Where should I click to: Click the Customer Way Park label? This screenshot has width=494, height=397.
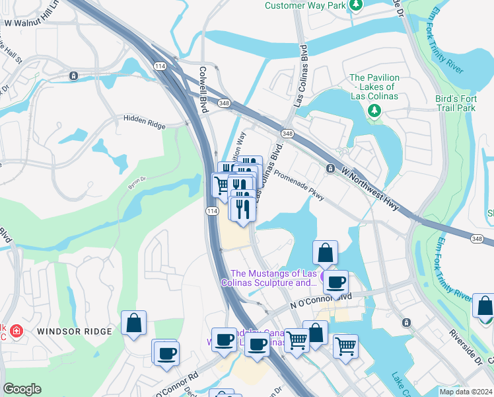tap(305, 5)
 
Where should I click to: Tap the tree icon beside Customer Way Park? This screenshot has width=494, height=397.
tap(357, 5)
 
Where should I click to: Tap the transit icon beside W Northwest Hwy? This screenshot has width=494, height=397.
tap(330, 169)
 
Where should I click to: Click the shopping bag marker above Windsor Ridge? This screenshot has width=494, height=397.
tap(133, 324)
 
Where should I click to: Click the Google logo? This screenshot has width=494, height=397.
tap(22, 389)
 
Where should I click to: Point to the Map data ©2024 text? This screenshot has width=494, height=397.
tap(466, 391)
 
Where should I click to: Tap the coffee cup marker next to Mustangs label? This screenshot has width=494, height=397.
tap(336, 282)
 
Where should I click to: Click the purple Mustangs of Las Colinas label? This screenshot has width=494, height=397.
tap(273, 278)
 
